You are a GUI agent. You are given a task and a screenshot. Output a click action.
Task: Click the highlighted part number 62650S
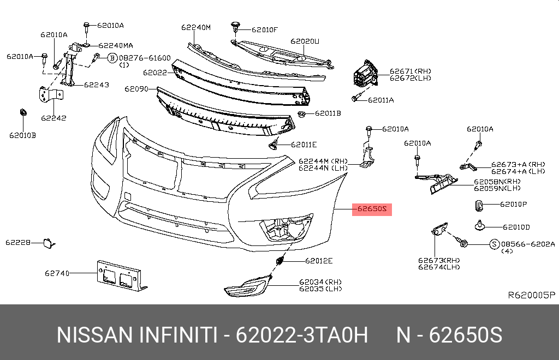coord(372,208)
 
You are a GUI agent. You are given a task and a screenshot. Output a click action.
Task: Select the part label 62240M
coord(196,27)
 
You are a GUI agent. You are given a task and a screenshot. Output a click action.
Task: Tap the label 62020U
coord(305,41)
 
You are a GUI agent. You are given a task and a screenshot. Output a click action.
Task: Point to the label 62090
coord(136,88)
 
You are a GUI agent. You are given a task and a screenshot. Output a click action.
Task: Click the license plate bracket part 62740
coord(120,275)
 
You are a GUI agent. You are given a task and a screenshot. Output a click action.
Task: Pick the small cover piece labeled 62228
coord(45,242)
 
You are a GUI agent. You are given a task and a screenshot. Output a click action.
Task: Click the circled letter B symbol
coord(112,58)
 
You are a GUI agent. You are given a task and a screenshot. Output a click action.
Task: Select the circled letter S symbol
coord(493,244)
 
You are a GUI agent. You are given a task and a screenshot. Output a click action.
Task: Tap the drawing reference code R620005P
coord(531,295)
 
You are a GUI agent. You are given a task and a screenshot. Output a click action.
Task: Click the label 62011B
coord(328,113)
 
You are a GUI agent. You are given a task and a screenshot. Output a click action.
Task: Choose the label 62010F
coord(265,29)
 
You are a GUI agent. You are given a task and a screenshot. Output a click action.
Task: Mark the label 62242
coord(53,117)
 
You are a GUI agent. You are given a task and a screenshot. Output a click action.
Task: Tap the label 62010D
coord(516,226)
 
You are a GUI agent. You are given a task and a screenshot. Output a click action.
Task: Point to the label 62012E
coord(319,261)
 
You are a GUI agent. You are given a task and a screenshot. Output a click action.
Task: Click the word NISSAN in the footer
coord(93,335)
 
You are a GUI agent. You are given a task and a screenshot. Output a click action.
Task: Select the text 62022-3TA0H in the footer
coord(302,335)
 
